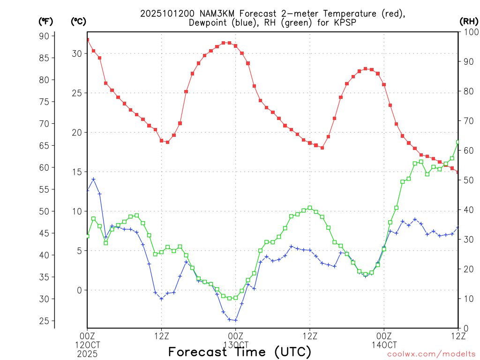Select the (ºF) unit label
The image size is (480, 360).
45,21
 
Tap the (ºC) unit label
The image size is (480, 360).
78,21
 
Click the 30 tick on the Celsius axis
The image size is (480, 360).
76,53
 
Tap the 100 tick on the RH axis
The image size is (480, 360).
469,32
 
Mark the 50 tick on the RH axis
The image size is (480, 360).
467,180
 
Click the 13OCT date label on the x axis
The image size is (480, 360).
235,345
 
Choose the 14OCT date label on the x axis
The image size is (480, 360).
384,345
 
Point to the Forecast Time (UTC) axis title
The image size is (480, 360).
240,352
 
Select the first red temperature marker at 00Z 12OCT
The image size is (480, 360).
88,40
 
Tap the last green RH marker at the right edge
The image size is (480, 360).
458,142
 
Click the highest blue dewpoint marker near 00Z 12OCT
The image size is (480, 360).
94,179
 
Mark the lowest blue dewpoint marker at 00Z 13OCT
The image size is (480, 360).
236,320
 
